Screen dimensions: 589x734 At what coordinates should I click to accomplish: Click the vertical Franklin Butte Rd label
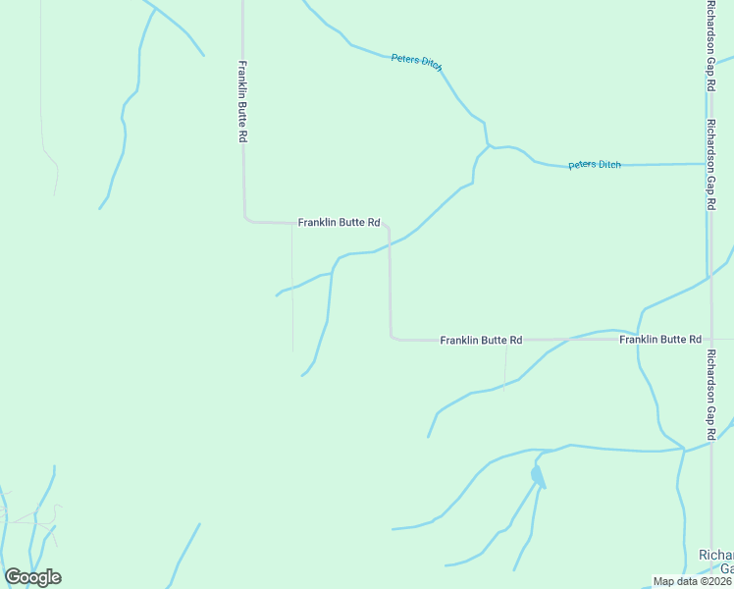click(240, 102)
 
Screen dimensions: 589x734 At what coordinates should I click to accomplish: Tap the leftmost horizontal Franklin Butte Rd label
click(339, 223)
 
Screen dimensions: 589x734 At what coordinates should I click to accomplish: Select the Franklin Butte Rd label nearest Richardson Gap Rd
click(659, 340)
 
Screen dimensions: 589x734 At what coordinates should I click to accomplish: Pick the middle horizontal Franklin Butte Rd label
click(481, 340)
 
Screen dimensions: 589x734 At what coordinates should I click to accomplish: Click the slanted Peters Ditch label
click(417, 62)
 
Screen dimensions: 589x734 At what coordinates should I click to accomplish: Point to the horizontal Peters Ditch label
click(595, 165)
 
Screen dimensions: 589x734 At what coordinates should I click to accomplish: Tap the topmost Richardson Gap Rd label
click(709, 46)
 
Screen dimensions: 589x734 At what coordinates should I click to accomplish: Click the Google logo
click(32, 577)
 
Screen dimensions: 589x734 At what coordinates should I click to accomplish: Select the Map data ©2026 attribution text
click(693, 581)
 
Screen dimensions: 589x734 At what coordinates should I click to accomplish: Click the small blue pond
click(537, 476)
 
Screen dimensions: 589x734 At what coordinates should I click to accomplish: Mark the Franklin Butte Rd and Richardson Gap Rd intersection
click(708, 340)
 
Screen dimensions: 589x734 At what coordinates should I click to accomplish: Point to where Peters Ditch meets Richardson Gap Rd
click(707, 164)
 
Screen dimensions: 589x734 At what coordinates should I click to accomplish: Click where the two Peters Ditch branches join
click(488, 147)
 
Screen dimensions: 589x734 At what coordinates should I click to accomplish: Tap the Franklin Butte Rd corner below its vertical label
click(246, 218)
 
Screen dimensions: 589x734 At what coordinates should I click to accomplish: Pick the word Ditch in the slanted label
click(431, 65)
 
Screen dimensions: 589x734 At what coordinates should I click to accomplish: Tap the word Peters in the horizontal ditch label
click(582, 165)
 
